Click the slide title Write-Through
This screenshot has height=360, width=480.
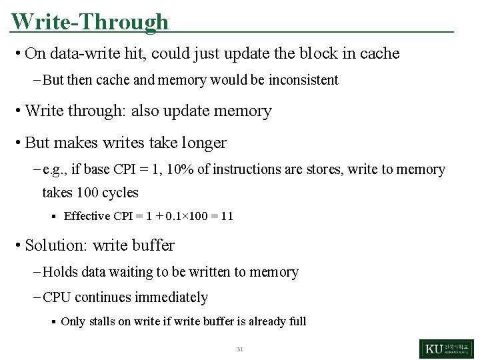[90, 21]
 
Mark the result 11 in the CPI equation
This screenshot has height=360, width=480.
[227, 216]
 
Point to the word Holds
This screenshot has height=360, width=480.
[59, 272]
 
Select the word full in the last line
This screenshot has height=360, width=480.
[297, 321]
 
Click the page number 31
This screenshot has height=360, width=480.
[240, 349]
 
